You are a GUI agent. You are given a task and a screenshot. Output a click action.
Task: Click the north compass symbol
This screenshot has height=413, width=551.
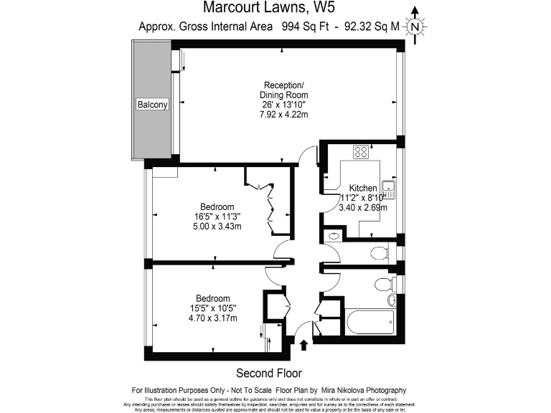pyautogui.click(x=415, y=27)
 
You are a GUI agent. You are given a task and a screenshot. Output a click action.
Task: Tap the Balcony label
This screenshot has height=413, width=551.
pyautogui.click(x=152, y=105)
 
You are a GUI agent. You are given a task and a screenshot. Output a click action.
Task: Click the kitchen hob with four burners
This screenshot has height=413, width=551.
pyautogui.click(x=362, y=152)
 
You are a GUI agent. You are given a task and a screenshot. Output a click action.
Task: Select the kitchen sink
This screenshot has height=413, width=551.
pyautogui.click(x=390, y=189)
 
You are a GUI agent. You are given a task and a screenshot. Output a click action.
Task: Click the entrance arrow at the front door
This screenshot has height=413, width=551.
pyautogui.click(x=303, y=345)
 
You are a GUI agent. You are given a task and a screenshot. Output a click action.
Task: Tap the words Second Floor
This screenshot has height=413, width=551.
pyautogui.click(x=269, y=373)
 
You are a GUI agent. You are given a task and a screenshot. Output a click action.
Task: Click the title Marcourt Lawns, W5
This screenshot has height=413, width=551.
pyautogui.click(x=269, y=9)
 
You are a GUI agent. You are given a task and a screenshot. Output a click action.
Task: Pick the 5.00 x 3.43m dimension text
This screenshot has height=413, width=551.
pyautogui.click(x=216, y=227)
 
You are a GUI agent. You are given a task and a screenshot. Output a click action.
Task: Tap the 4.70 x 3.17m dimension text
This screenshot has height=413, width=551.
pyautogui.click(x=212, y=318)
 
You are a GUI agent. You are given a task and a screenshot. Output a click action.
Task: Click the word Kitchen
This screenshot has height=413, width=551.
pyautogui.click(x=364, y=188)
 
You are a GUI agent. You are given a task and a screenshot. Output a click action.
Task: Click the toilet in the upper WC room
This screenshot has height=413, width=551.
pyautogui.click(x=380, y=252)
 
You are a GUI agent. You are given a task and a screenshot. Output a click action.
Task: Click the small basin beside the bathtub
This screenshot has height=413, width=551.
pyautogui.click(x=392, y=300)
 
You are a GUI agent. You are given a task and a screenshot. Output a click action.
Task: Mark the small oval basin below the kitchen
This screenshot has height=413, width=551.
pyautogui.click(x=334, y=236)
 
